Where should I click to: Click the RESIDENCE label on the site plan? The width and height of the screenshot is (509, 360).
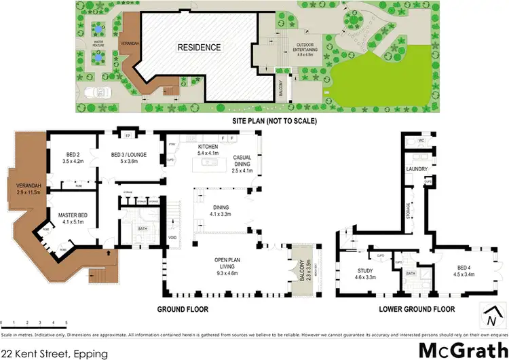click(200, 48)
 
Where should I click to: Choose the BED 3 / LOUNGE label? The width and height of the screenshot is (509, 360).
click(128, 157)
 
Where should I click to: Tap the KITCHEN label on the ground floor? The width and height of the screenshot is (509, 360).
click(208, 149)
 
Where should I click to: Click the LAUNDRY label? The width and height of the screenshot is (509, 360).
click(415, 168)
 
